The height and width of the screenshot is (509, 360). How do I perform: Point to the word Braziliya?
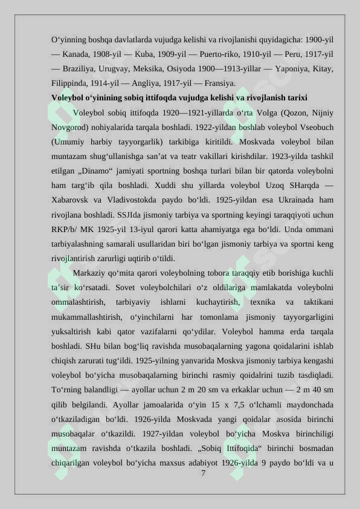[x=79, y=69]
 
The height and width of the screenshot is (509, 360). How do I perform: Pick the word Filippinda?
[x=70, y=83]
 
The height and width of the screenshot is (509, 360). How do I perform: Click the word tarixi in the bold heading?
[x=294, y=98]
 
